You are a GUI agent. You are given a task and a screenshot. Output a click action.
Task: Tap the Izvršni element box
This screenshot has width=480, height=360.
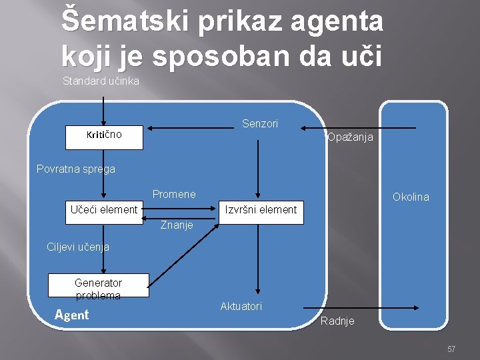pos(261,210)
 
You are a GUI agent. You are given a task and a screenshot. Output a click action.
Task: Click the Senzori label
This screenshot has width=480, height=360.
pos(260,124)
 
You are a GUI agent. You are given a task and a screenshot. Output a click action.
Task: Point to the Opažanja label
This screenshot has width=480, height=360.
pos(350,137)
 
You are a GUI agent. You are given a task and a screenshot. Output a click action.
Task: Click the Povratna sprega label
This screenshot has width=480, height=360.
pos(75,169)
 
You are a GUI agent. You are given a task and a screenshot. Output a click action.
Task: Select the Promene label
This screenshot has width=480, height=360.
pos(174,194)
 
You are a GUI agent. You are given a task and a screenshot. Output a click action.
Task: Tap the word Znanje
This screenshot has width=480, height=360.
pos(177,225)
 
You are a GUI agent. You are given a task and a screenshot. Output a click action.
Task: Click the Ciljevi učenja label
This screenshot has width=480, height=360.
pos(78,247)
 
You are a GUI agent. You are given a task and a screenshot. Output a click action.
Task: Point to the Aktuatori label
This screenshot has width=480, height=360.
pos(241,306)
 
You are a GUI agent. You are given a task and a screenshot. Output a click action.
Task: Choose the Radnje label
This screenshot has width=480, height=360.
pos(337,321)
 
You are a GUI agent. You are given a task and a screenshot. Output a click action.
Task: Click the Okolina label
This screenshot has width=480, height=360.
pos(411,197)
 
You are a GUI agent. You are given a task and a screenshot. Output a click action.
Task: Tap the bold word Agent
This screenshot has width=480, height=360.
pos(71,315)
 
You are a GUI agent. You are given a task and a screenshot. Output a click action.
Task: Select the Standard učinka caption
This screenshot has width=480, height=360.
pos(101,81)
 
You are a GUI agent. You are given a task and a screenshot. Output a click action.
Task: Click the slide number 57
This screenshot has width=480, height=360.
pos(451,349)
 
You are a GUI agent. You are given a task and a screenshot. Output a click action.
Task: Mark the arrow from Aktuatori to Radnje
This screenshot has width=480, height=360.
pos(361,307)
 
